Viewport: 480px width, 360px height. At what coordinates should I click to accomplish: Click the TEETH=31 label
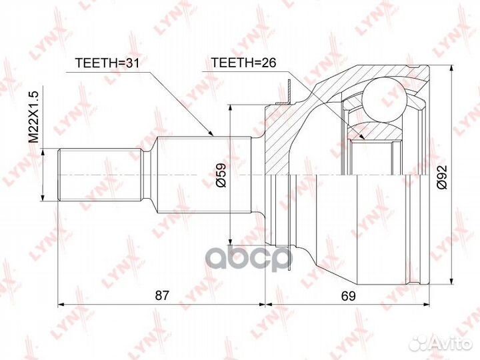[107, 63]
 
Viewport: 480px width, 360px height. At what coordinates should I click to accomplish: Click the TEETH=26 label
[244, 63]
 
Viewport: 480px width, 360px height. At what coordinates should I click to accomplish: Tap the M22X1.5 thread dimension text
[33, 117]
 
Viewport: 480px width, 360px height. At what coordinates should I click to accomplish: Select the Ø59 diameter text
[221, 175]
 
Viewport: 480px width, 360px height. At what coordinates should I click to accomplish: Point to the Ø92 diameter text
[442, 177]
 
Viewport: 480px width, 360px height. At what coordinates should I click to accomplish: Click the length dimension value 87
[161, 295]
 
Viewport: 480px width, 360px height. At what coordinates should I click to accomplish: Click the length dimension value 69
[349, 296]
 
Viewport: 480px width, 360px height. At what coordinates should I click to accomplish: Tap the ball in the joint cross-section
[383, 99]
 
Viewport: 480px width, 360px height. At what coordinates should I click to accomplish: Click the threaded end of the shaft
[101, 175]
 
